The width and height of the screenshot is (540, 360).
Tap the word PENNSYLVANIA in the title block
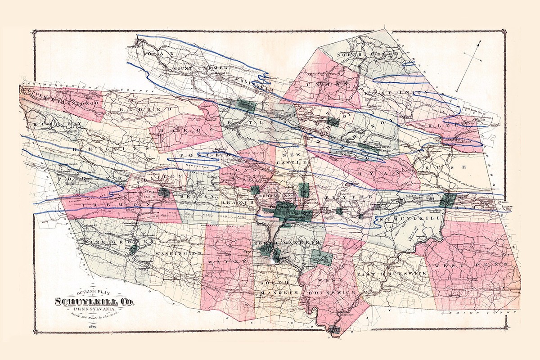click(x=94, y=310)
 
